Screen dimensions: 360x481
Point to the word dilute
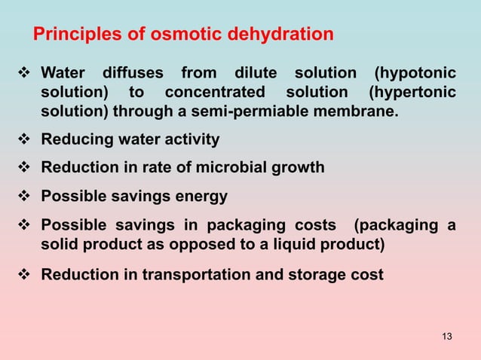pos(255,74)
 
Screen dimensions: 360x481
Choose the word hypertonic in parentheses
pos(412,93)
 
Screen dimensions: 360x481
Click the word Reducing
pos(75,140)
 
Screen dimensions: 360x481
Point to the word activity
pos(189,140)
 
